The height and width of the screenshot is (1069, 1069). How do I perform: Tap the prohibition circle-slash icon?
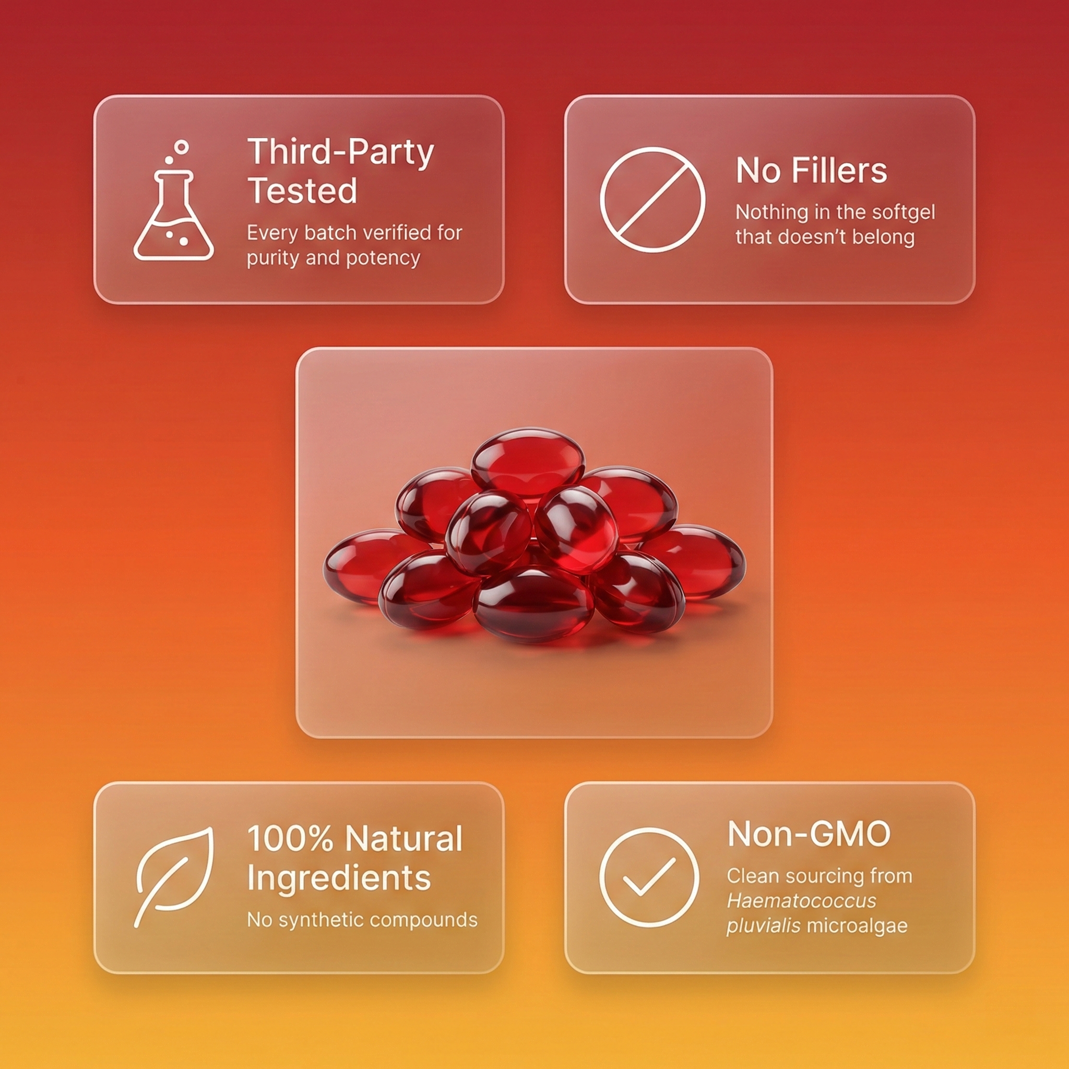coord(652,200)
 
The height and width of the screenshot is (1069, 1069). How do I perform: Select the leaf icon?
coord(174,877)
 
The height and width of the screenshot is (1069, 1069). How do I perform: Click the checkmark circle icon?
coord(649,877)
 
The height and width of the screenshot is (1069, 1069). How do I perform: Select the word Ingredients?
coord(339,878)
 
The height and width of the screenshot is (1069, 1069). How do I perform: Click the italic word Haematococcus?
coord(802,901)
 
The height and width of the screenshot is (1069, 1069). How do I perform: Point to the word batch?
coord(330,233)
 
